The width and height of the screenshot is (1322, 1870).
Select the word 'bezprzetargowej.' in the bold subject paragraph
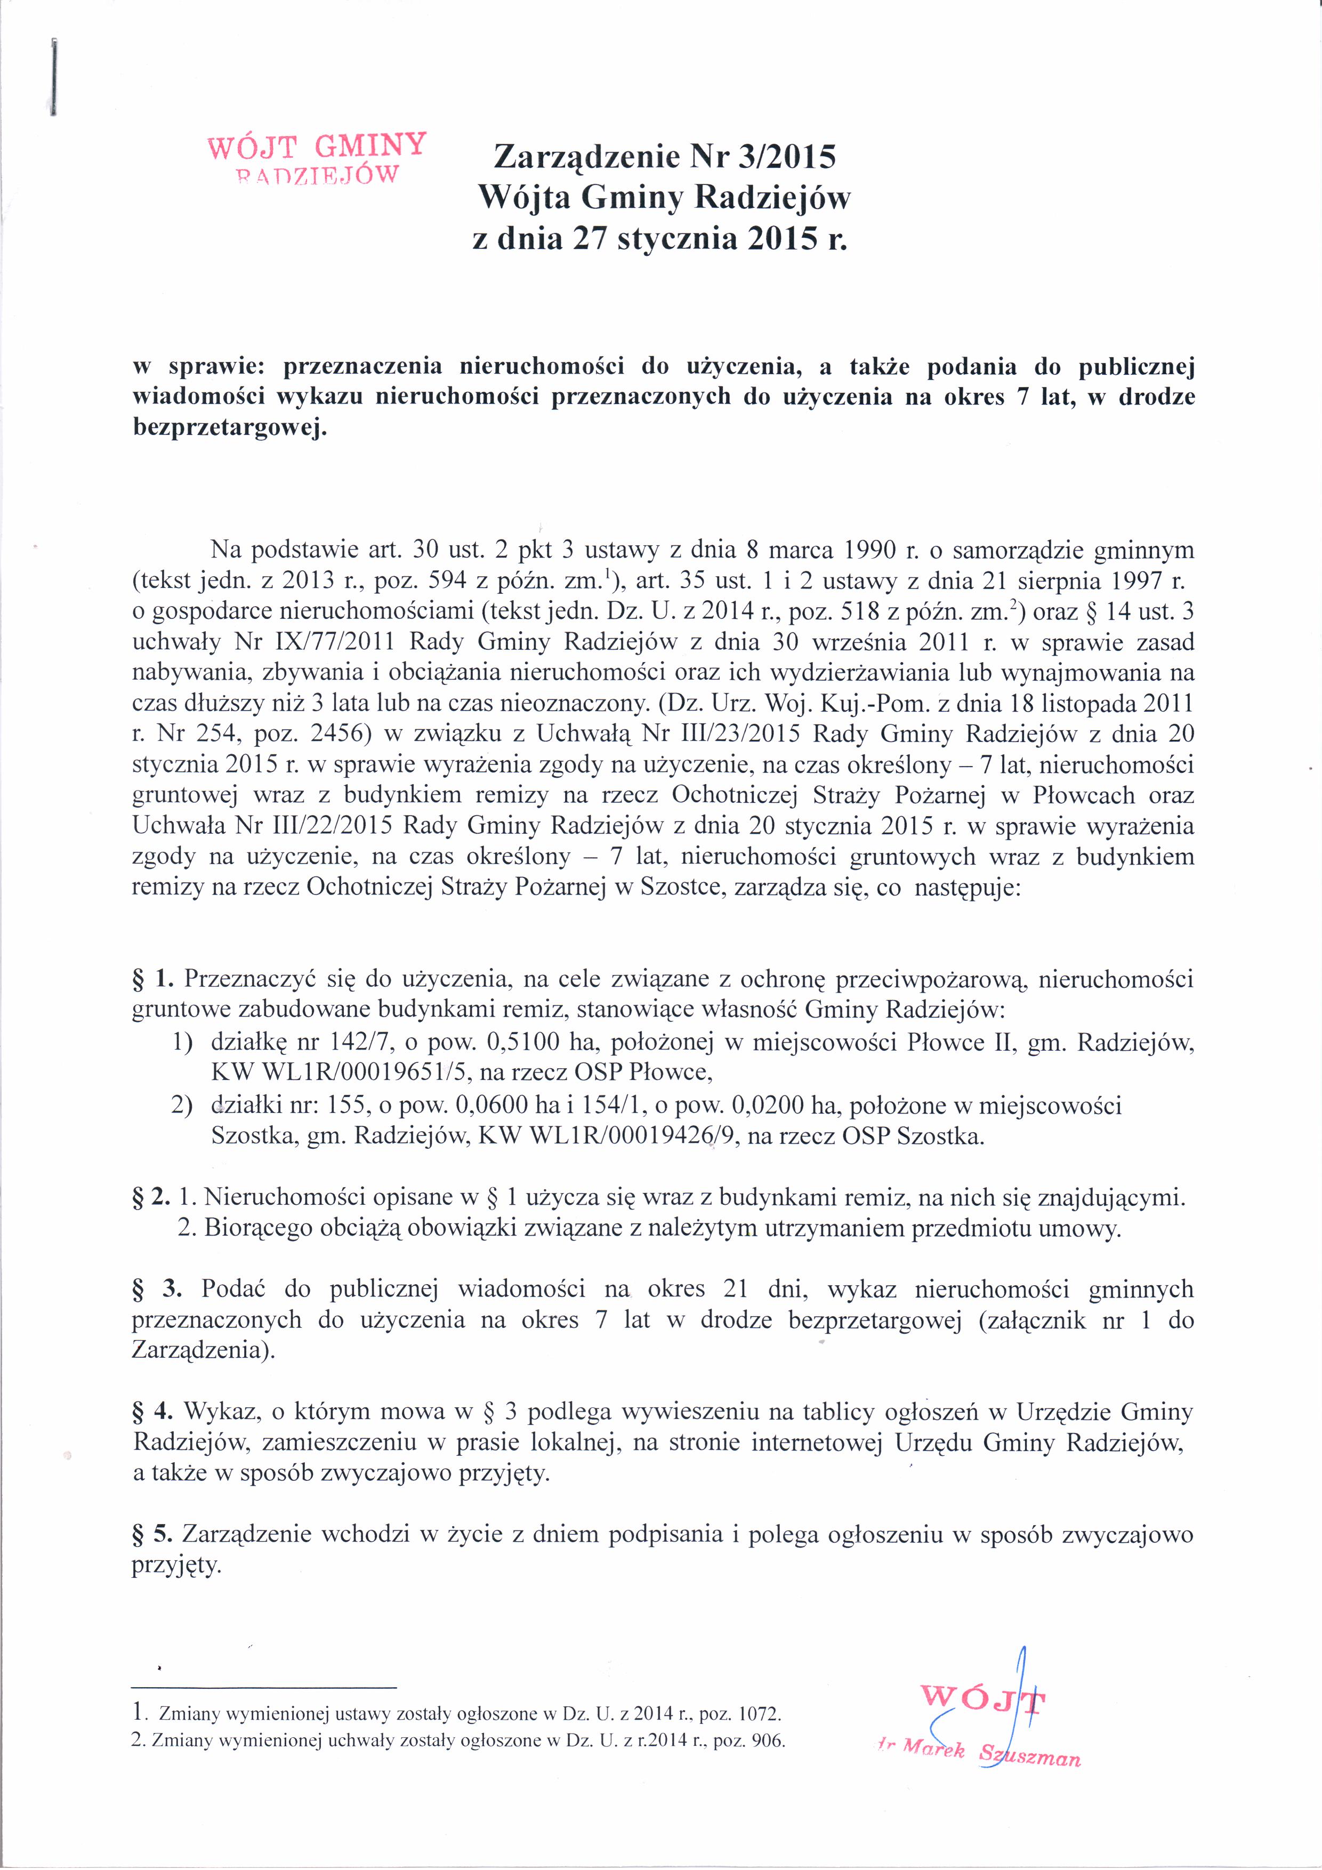[230, 429]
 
